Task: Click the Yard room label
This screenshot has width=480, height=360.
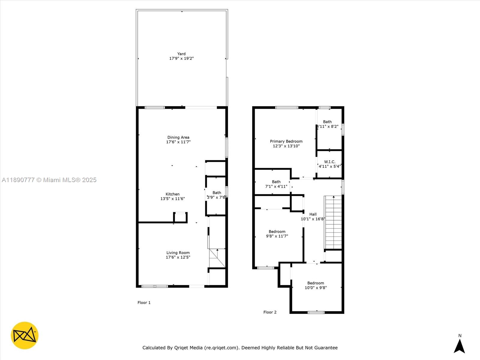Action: click(x=181, y=54)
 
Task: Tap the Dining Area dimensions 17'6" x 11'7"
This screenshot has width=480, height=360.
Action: click(x=178, y=142)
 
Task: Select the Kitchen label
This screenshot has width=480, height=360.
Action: click(x=172, y=194)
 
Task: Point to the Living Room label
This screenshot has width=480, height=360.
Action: click(x=178, y=253)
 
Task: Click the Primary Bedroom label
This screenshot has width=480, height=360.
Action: click(x=286, y=141)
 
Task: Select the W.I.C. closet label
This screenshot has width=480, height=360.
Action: click(x=329, y=162)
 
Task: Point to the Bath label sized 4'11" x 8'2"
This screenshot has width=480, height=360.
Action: click(x=327, y=122)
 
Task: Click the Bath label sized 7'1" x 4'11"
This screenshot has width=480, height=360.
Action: click(x=276, y=182)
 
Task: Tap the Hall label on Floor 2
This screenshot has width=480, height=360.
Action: click(x=313, y=214)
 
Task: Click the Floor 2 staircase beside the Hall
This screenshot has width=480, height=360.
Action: click(x=333, y=222)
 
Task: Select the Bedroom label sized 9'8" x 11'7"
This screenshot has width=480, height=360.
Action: click(x=277, y=232)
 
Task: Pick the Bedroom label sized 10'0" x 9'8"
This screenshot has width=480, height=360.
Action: click(x=316, y=283)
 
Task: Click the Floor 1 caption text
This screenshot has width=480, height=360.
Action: click(x=144, y=302)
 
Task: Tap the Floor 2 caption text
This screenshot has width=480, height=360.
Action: click(x=270, y=312)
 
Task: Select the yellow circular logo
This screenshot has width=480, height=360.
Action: click(x=25, y=335)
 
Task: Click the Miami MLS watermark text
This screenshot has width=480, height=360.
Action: click(x=49, y=180)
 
